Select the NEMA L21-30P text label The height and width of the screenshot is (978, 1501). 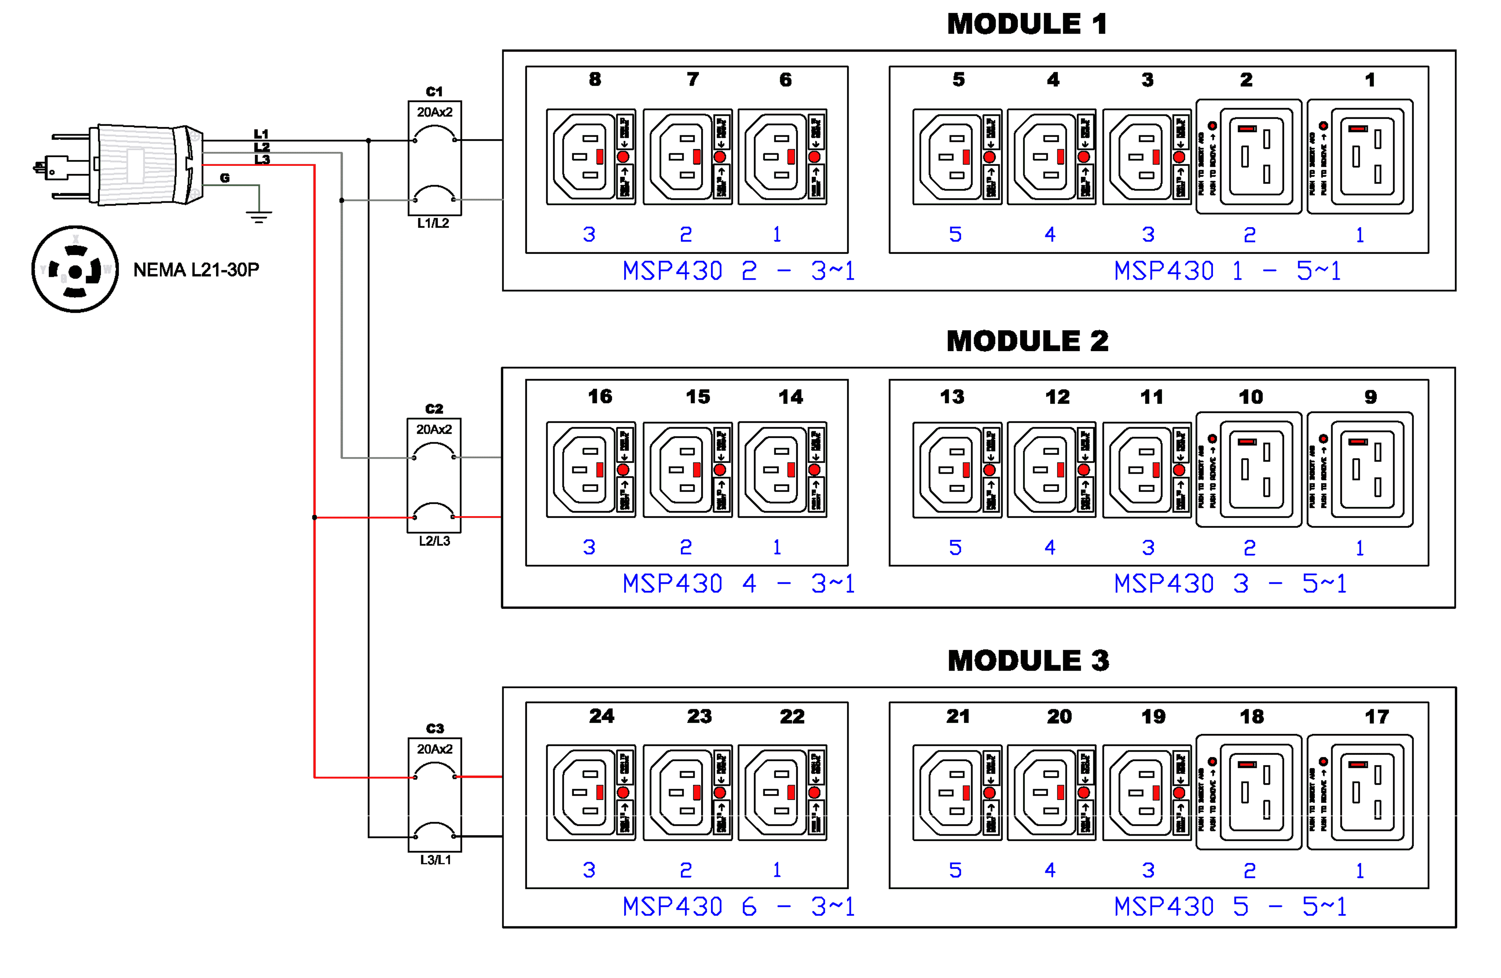pos(196,270)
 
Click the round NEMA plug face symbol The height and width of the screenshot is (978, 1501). pos(75,269)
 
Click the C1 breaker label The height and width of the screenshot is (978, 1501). pos(434,92)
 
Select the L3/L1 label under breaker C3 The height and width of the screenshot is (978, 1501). pos(435,860)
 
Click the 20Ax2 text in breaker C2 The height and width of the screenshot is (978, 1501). pos(434,429)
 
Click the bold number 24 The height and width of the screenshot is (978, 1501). pos(601,716)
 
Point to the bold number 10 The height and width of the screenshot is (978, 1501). pos(1250,397)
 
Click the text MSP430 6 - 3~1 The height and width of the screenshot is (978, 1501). pos(738,907)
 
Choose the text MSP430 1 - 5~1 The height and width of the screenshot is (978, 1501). pos(1227,271)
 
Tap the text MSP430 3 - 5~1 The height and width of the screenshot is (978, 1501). pos(1230,584)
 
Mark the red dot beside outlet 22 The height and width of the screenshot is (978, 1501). pos(814,793)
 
